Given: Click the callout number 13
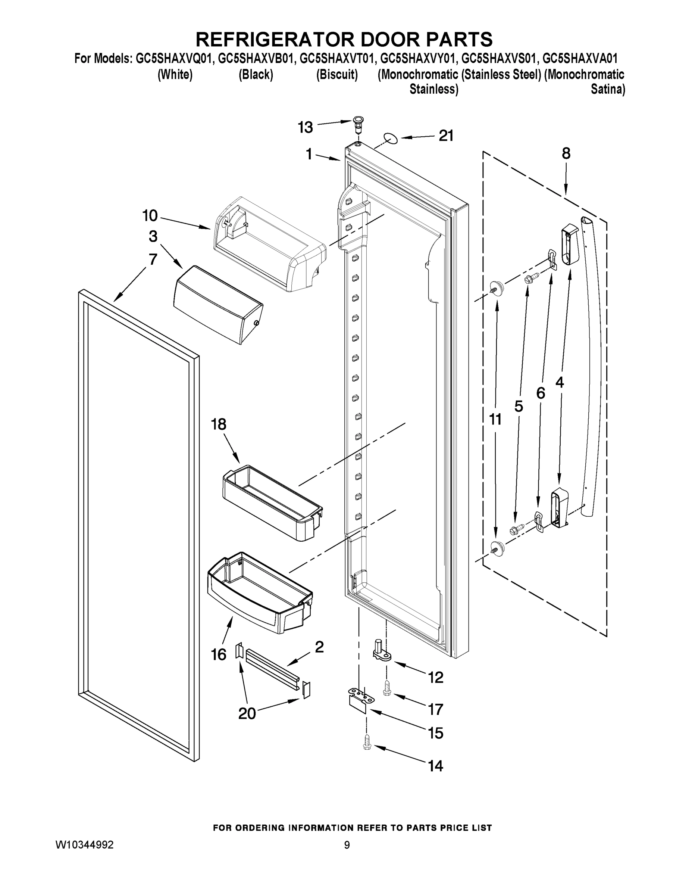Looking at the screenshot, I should point(305,128).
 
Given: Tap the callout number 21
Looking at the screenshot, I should point(446,136).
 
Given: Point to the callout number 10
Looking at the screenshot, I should point(150,216).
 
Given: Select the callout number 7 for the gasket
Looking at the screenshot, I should point(153,259).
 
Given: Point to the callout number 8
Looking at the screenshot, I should point(566,154).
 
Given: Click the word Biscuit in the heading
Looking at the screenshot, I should point(337,75).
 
